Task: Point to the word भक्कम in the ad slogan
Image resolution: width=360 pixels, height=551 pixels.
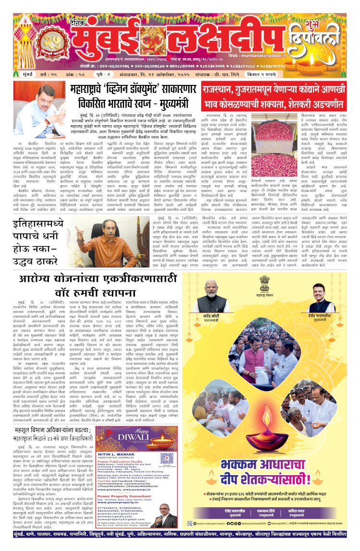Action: point(240,465)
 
